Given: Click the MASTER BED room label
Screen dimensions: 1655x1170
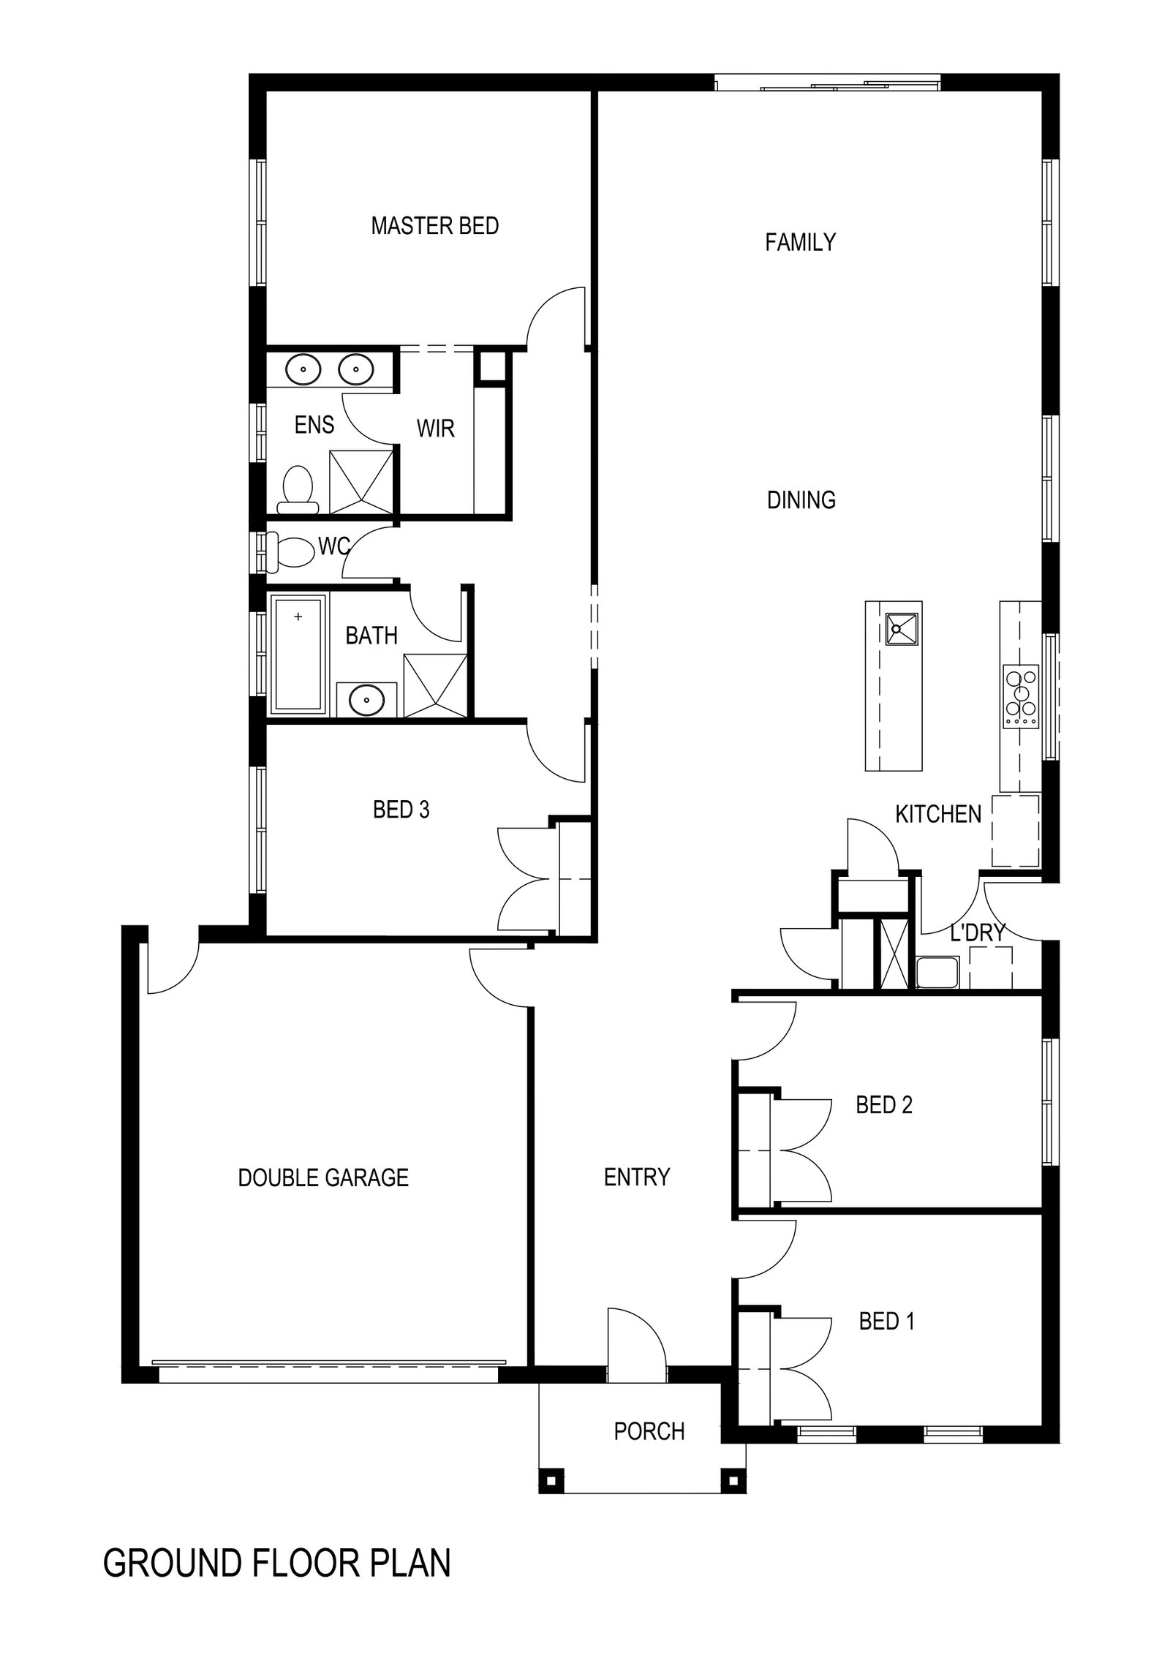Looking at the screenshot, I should coord(434,226).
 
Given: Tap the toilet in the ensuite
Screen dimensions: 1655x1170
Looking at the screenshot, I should coord(298,486).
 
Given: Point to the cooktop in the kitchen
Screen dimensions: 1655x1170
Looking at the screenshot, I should coord(1021,696).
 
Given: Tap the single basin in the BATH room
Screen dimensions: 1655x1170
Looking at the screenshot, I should coord(366,701).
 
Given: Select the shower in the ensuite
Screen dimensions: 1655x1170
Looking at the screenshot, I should coord(361,483).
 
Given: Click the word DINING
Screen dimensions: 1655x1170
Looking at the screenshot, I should coord(801,500).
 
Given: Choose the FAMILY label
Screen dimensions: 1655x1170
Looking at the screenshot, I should coord(800,242).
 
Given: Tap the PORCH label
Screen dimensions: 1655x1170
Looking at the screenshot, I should coord(649,1430).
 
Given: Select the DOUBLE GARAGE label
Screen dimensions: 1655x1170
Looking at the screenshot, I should coord(323,1177).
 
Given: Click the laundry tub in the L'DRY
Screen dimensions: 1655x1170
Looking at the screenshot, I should coord(937,973).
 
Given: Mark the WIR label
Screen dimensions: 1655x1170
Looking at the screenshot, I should coord(435,429).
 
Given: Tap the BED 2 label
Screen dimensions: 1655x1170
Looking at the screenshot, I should coord(884,1104).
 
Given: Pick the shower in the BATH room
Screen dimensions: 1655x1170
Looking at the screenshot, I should coord(434,685).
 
